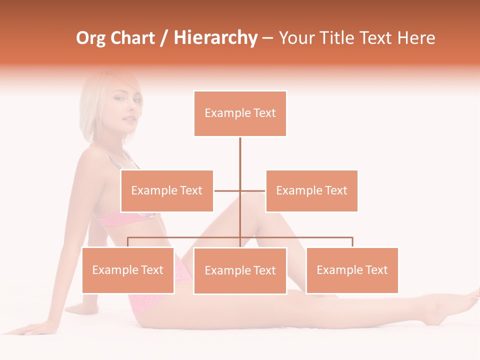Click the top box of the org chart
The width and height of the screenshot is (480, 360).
click(240, 113)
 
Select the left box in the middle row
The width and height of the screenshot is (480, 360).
click(167, 190)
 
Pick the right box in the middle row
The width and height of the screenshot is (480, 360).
click(311, 190)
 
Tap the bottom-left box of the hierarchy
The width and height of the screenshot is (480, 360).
click(128, 270)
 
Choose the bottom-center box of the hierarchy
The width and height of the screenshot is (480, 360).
click(240, 270)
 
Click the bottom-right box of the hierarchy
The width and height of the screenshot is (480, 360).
click(352, 270)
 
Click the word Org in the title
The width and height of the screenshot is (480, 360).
click(90, 38)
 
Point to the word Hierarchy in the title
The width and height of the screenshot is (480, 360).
click(215, 38)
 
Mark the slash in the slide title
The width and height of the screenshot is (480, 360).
click(165, 38)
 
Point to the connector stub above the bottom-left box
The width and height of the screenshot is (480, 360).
click(128, 242)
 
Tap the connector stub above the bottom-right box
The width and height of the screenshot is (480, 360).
click(352, 242)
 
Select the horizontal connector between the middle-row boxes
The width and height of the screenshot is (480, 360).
click(240, 190)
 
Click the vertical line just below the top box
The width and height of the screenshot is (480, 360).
click(240, 150)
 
